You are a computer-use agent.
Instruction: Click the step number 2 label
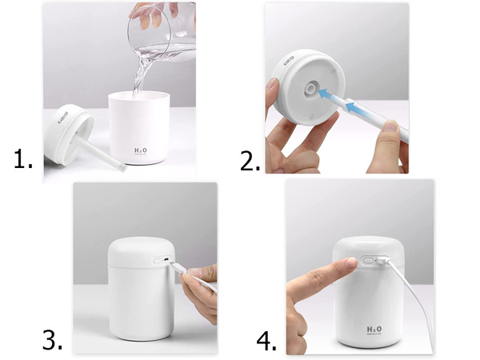(250, 160)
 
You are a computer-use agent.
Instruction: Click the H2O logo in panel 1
(141, 150)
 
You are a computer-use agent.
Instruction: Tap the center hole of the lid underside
(309, 86)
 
